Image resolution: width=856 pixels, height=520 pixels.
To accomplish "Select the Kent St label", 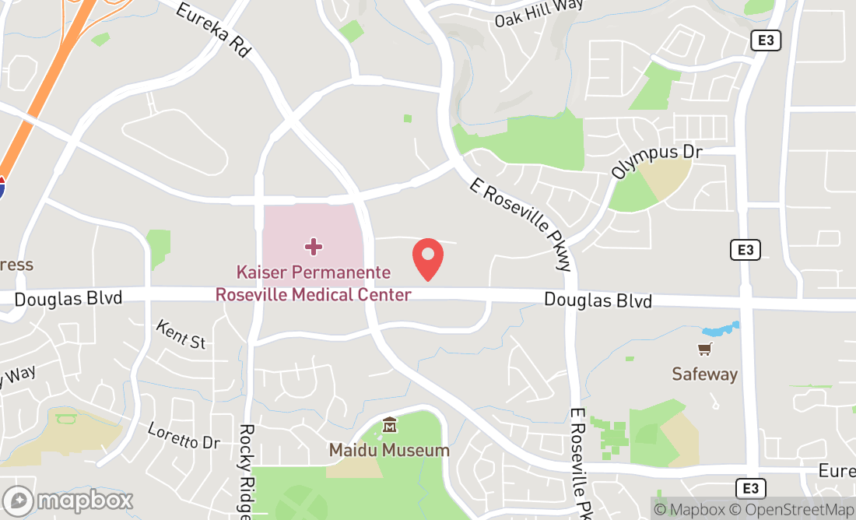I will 181,335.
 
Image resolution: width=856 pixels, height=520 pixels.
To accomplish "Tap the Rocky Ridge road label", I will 247,472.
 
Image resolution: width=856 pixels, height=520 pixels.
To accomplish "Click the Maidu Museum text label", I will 389,450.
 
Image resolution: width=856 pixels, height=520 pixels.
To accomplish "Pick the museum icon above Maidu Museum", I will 390,426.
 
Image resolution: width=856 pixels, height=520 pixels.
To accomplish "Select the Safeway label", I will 704,374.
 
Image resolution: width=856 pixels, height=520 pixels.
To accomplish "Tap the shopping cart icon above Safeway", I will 704,350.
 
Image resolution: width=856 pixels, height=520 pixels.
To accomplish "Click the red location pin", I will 427,259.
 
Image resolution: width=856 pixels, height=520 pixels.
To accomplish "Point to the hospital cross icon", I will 314,247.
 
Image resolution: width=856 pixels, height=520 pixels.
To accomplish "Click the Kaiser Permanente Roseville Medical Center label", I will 314,284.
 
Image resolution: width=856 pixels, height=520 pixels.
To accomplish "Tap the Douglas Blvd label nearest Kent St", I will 68,298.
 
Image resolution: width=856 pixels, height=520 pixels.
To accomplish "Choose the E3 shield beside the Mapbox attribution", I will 750,488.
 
